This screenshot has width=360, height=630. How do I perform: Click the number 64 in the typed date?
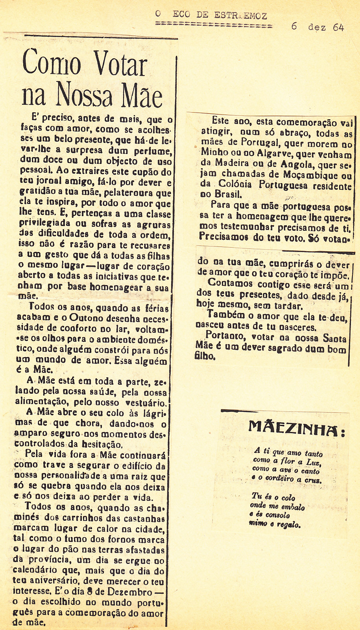pos(338,27)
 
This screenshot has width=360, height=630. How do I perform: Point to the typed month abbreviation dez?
pos(317,27)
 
